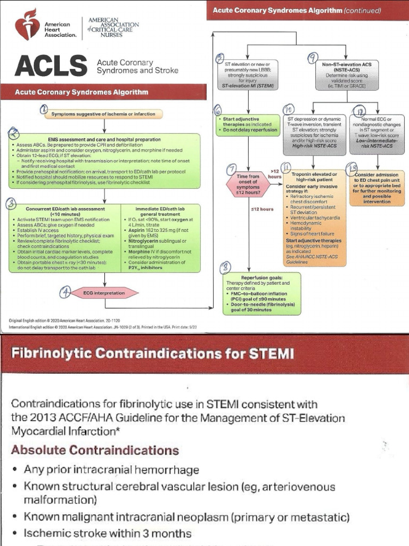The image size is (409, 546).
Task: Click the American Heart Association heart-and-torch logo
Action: click(27, 25)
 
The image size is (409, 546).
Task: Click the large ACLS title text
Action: click(51, 66)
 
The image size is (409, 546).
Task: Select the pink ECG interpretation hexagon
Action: click(103, 293)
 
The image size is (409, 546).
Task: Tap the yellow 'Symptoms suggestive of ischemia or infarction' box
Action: click(103, 114)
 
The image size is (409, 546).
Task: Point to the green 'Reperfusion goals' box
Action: click(261, 293)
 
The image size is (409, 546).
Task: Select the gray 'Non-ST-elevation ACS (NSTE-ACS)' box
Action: click(347, 75)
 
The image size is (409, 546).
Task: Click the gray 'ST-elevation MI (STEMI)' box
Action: click(248, 75)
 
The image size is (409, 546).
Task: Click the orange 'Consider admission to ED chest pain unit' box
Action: click(377, 188)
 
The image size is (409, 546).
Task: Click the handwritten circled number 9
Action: click(313, 57)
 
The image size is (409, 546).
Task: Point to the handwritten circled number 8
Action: click(226, 267)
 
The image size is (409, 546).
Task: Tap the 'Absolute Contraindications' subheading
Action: click(95, 451)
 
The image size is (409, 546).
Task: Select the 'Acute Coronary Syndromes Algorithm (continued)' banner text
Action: click(297, 10)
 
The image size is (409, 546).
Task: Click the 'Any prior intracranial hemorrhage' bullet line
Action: click(111, 470)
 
